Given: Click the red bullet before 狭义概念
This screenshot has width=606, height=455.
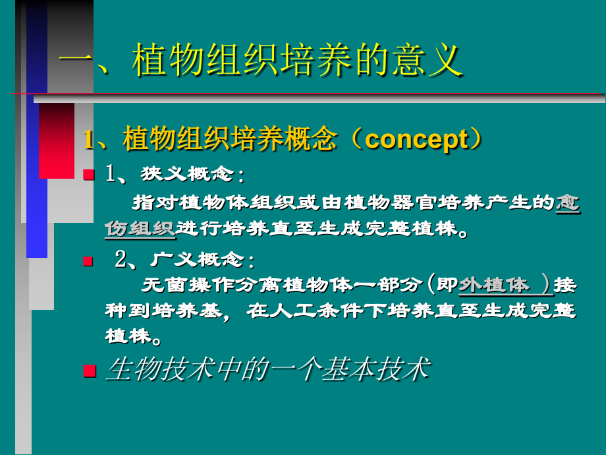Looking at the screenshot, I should [x=89, y=175].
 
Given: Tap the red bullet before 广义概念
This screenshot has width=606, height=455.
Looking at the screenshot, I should [x=89, y=261].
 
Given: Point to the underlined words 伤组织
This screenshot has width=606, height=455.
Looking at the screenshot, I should [x=139, y=228].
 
